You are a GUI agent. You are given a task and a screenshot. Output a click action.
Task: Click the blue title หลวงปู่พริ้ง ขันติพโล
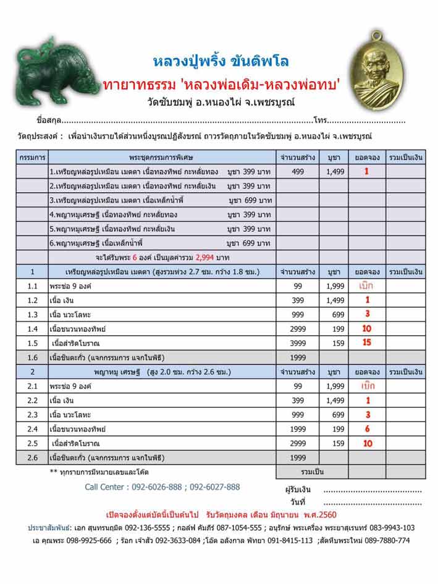[x=221, y=62]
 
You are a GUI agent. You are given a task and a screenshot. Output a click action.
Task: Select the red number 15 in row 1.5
[x=367, y=343]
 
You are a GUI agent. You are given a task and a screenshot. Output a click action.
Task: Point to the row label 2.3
[x=32, y=415]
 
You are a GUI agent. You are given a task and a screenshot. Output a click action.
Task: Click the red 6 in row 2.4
[x=367, y=429]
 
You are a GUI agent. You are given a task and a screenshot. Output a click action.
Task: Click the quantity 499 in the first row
[x=297, y=171]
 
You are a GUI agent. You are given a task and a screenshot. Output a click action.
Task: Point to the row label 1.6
[x=32, y=357]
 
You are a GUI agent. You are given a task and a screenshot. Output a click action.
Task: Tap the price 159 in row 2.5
[x=338, y=443]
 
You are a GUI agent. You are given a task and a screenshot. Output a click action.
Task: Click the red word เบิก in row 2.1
[x=367, y=386]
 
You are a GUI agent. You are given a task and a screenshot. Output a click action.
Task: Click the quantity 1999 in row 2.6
[x=297, y=457]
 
